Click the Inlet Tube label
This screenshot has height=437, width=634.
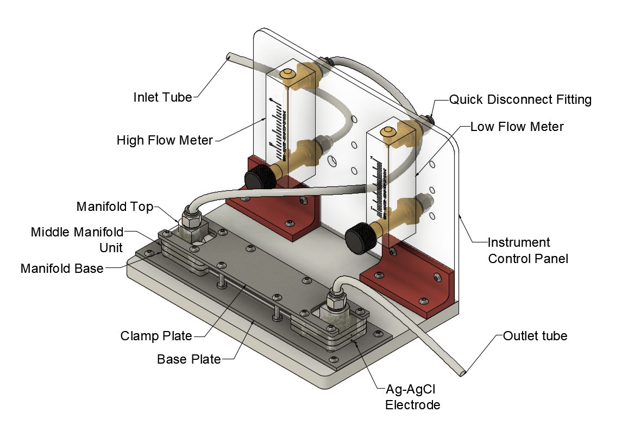(162, 97)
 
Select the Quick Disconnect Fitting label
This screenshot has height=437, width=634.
(520, 99)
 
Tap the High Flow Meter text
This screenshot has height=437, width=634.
(165, 141)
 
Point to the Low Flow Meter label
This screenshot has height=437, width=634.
(517, 127)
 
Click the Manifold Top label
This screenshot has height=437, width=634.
(115, 207)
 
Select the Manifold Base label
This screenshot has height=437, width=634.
(61, 269)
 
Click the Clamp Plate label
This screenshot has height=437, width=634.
(156, 336)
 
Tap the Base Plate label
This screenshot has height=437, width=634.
(189, 359)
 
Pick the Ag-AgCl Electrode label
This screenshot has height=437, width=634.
(412, 397)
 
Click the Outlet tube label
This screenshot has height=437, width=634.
(535, 336)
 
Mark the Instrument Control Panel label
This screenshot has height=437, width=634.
(528, 250)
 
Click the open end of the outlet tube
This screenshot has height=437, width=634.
(463, 373)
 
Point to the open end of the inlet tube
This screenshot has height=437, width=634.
(230, 55)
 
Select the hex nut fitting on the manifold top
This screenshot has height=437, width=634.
(192, 220)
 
